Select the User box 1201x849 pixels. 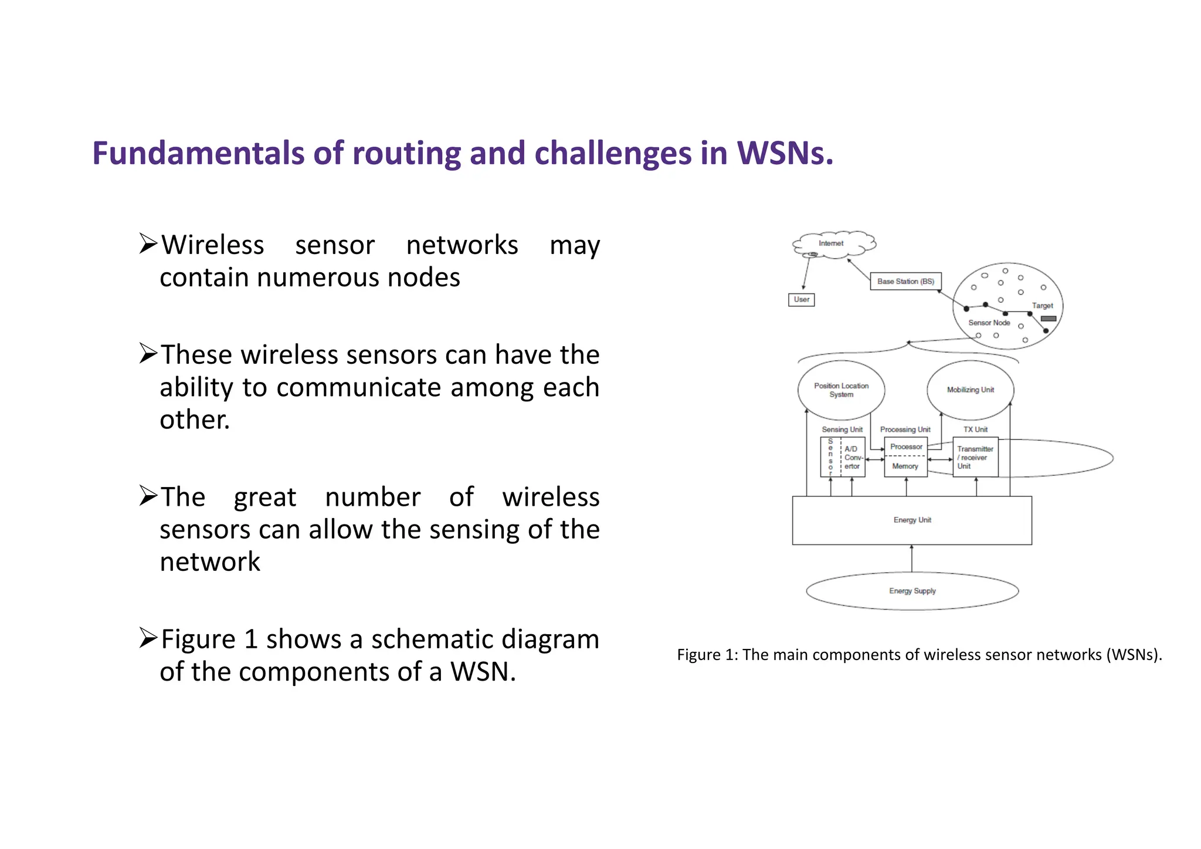[x=801, y=300]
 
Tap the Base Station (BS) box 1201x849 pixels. [x=905, y=282]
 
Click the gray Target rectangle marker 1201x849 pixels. [x=1048, y=319]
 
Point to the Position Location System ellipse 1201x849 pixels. [x=841, y=390]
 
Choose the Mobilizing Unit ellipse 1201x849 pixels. [x=970, y=390]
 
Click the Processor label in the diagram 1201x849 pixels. [x=906, y=447]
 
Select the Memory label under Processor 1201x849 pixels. [x=905, y=466]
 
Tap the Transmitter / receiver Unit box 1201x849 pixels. [x=975, y=458]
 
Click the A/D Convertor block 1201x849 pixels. [x=853, y=458]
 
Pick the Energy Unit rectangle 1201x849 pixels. [x=912, y=520]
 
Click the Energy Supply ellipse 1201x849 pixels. [x=912, y=591]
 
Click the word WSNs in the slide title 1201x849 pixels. [x=785, y=154]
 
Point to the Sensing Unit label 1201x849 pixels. [x=842, y=429]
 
